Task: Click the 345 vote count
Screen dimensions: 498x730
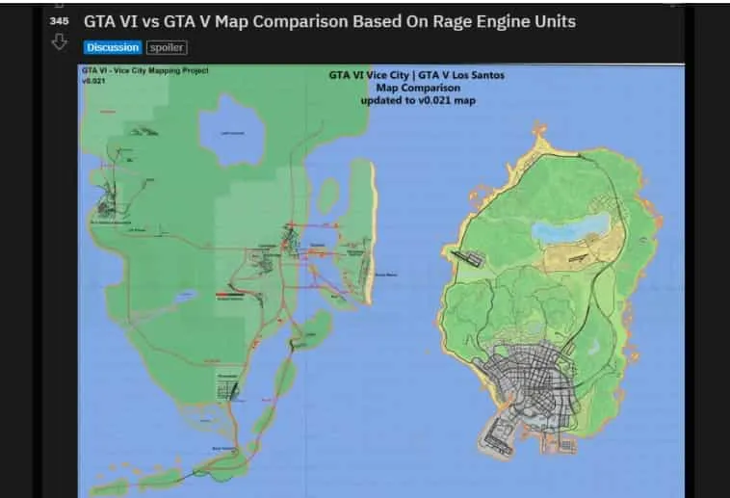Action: (x=60, y=20)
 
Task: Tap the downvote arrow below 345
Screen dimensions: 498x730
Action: (x=60, y=41)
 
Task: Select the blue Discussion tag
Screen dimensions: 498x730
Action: (x=113, y=47)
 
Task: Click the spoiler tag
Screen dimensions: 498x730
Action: (x=167, y=47)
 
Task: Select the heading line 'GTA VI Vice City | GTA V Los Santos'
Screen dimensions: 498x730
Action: (x=416, y=75)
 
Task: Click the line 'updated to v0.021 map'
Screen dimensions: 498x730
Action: (x=416, y=100)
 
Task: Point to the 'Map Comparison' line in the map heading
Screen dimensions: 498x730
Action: (x=416, y=88)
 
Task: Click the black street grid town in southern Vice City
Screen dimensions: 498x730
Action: (x=231, y=388)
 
